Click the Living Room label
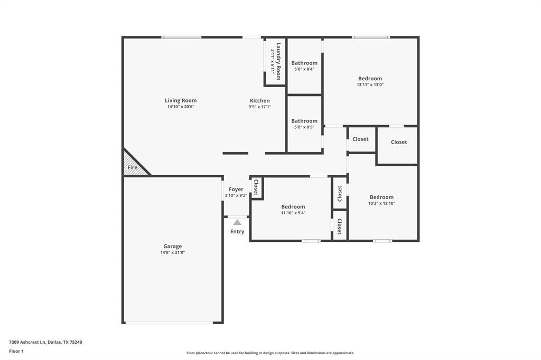coord(181,100)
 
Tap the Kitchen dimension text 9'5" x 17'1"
coord(259,107)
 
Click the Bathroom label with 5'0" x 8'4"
coord(304,63)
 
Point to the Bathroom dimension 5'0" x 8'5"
coord(304,127)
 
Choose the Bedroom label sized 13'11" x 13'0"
coord(370,79)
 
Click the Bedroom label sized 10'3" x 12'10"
coord(381,197)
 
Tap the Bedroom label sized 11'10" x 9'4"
coord(293,206)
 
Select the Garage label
coord(172,246)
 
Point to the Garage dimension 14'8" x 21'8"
coord(172,253)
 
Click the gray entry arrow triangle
coord(237,222)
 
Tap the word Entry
coord(237,232)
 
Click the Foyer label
coord(236,189)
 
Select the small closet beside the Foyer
coord(256,187)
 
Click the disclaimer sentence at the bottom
coord(270,353)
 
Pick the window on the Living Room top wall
coord(181,37)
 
